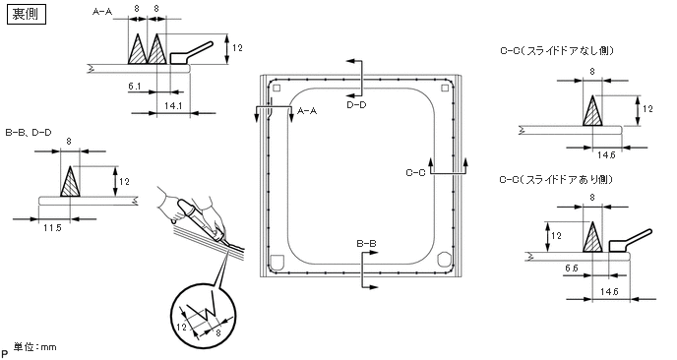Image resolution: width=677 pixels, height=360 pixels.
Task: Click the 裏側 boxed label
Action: pyautogui.click(x=27, y=14)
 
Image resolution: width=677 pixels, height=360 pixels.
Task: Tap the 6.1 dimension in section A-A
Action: pyautogui.click(x=134, y=87)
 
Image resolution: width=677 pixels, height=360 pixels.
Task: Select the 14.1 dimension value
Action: pyautogui.click(x=173, y=105)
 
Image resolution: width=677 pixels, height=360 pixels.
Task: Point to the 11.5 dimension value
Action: pyautogui.click(x=52, y=227)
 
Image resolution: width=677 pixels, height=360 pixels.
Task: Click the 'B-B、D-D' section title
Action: pyautogui.click(x=29, y=133)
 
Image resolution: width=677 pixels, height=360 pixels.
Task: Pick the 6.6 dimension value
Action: pyautogui.click(x=571, y=269)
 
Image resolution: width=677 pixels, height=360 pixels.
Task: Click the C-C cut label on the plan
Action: pyautogui.click(x=415, y=173)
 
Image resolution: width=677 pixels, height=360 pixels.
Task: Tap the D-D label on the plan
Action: pyautogui.click(x=356, y=104)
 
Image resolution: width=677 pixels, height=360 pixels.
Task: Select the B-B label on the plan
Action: pyautogui.click(x=366, y=244)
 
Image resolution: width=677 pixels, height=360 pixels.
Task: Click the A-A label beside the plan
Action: pyautogui.click(x=307, y=111)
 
